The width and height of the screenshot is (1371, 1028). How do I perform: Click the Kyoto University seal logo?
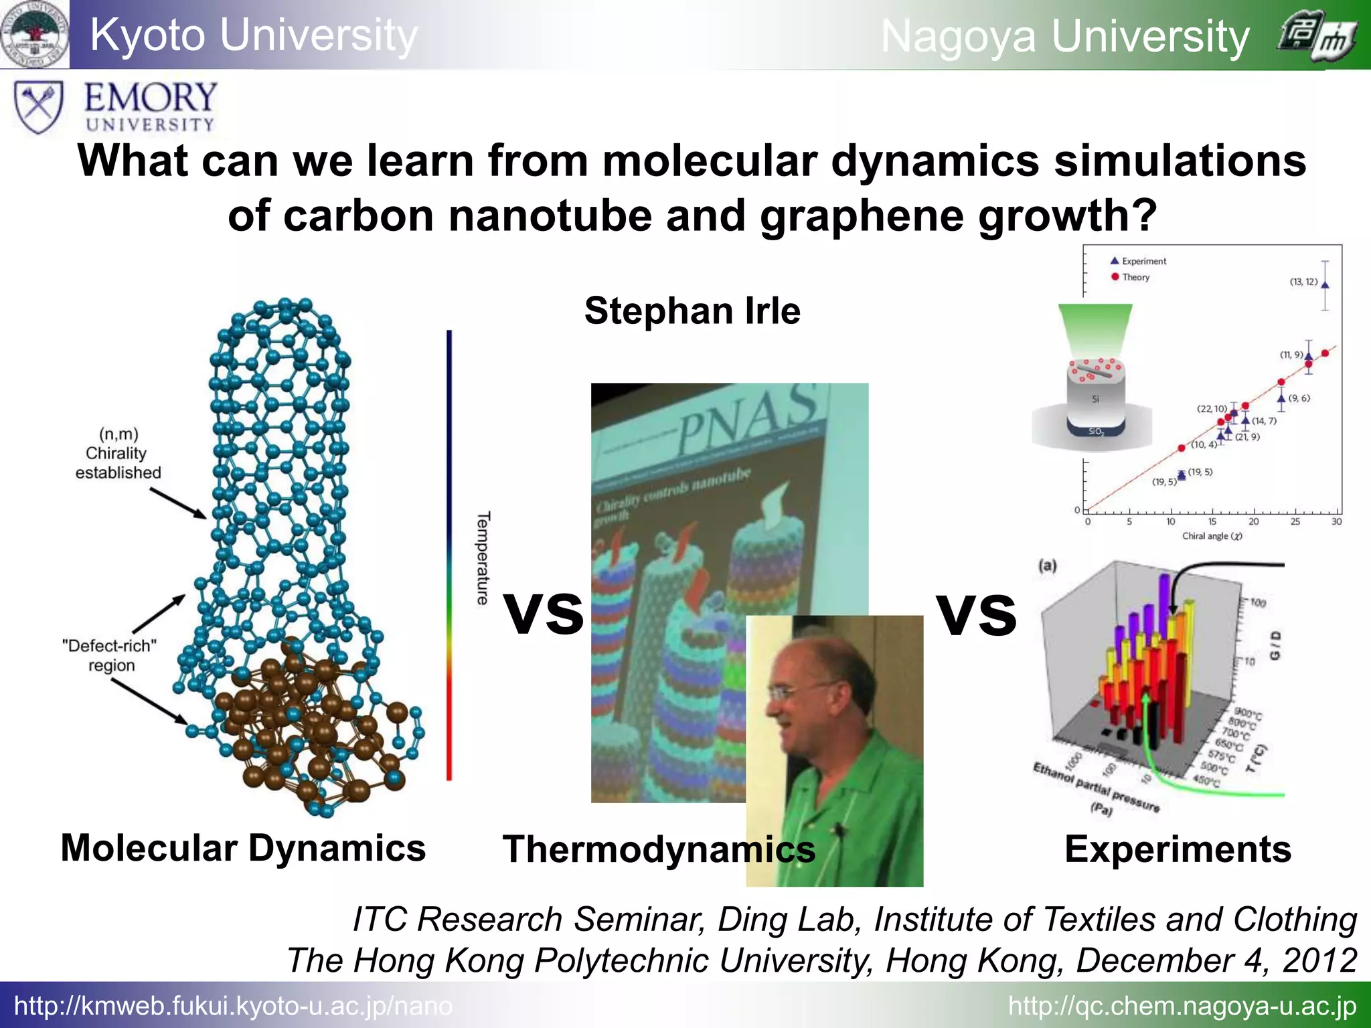[35, 34]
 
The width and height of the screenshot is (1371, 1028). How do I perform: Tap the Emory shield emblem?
[39, 106]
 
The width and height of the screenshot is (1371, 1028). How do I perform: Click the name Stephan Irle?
[692, 311]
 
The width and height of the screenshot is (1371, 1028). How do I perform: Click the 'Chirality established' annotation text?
[118, 454]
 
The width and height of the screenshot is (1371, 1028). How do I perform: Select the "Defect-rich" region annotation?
[110, 655]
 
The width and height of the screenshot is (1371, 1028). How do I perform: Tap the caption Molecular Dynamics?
[243, 848]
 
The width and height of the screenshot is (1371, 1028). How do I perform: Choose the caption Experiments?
[1178, 849]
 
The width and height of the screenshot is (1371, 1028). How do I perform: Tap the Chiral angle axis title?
[1212, 536]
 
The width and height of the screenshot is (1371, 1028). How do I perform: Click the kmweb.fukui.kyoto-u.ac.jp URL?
[233, 1006]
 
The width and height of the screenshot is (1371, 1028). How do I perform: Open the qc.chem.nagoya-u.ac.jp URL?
[1182, 1006]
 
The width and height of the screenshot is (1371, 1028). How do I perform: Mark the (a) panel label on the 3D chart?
[1048, 566]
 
